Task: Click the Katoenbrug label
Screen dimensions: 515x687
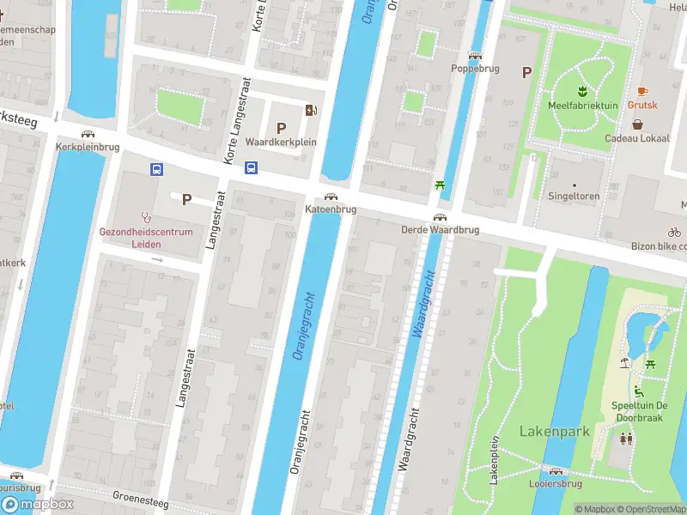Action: pyautogui.click(x=331, y=209)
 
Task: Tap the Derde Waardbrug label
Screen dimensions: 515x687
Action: pyautogui.click(x=439, y=230)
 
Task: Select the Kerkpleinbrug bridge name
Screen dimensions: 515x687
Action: pyautogui.click(x=87, y=147)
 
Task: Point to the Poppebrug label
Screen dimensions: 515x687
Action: pyautogui.click(x=476, y=68)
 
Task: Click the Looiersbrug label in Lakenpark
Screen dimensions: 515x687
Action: pyautogui.click(x=556, y=483)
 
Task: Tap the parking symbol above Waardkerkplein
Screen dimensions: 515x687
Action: pyautogui.click(x=281, y=128)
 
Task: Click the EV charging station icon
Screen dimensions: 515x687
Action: pyautogui.click(x=310, y=110)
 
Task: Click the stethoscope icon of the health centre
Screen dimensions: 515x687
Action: pyautogui.click(x=147, y=217)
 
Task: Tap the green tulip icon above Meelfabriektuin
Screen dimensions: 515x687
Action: pyautogui.click(x=581, y=91)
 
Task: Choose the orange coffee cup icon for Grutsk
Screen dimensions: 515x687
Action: pyautogui.click(x=641, y=91)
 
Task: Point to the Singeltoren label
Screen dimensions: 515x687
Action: pyautogui.click(x=575, y=196)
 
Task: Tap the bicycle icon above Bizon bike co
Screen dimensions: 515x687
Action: pyautogui.click(x=674, y=232)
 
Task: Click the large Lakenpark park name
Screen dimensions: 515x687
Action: pyautogui.click(x=555, y=431)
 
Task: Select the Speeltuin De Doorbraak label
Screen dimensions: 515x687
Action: pyautogui.click(x=640, y=410)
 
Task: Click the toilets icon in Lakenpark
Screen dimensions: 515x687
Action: pyautogui.click(x=627, y=439)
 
